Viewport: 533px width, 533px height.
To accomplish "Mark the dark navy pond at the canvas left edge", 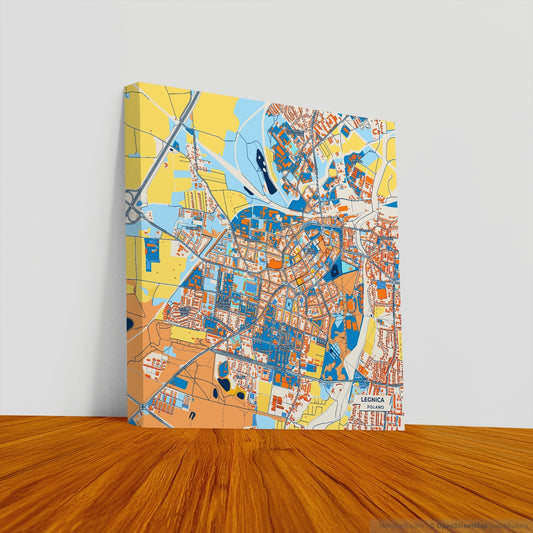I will point(128,323).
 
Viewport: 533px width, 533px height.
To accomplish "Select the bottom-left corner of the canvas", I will point(128,423).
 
